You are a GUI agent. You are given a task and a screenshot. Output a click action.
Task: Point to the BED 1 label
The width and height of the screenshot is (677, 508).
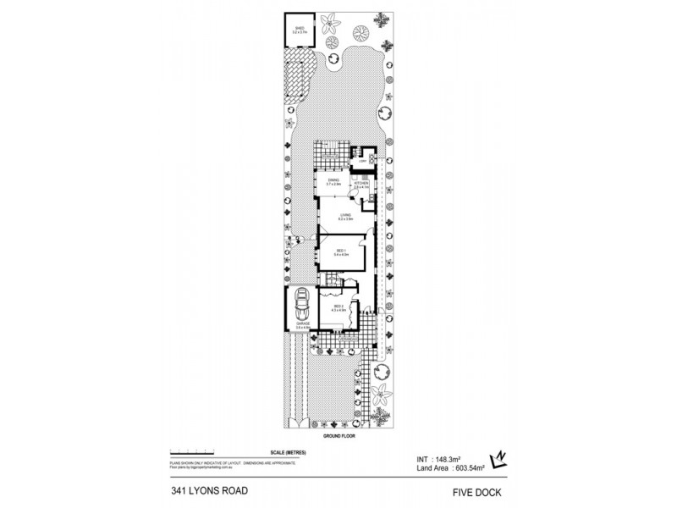pyautogui.click(x=339, y=251)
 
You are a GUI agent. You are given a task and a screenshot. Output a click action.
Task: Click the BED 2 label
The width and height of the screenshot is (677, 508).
pyautogui.click(x=338, y=310)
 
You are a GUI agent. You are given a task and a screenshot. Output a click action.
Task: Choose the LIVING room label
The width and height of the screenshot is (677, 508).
pyautogui.click(x=345, y=217)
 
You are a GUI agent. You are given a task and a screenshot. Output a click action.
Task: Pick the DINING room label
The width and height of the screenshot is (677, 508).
pyautogui.click(x=333, y=181)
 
